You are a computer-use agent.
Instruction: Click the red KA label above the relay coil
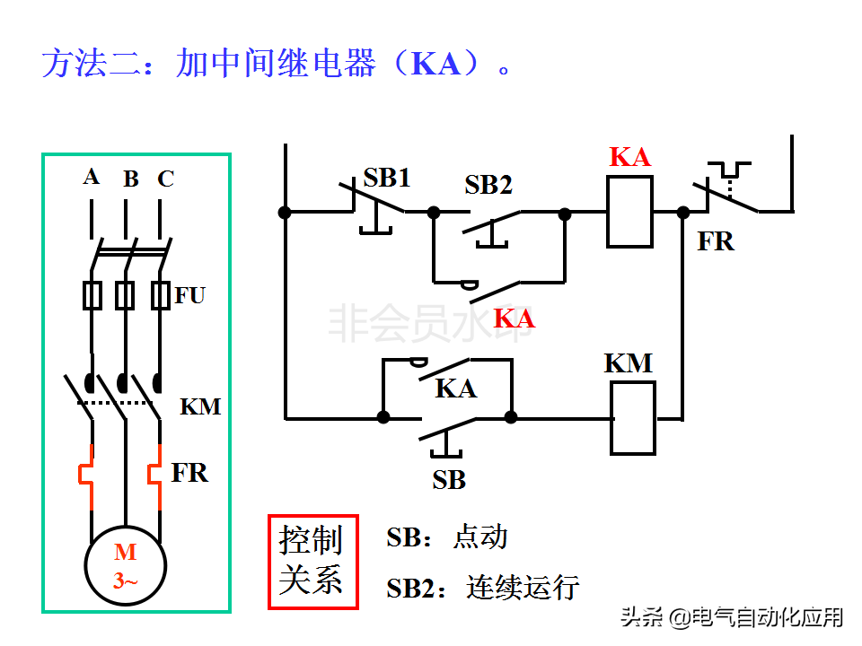pos(629,157)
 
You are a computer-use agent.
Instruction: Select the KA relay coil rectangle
pos(629,212)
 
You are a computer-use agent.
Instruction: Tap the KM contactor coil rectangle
pos(633,417)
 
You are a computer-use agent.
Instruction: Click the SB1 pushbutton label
pos(387,178)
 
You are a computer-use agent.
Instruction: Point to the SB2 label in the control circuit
pos(488,185)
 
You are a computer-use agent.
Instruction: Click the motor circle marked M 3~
pos(126,566)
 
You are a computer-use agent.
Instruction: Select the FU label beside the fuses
pos(190,295)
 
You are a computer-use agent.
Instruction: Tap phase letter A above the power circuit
pos(91,178)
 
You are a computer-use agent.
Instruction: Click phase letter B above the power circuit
pos(131,179)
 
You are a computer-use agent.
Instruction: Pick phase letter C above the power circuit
pos(165,179)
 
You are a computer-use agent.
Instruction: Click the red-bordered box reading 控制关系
pos(312,562)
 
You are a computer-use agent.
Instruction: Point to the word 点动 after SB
pos(480,537)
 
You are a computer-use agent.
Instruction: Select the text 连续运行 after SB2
pos(523,588)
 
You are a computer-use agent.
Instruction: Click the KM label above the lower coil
pos(629,363)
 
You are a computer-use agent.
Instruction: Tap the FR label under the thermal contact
pos(716,241)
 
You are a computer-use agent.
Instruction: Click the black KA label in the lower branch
pos(455,388)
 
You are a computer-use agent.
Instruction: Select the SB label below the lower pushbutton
pos(449,480)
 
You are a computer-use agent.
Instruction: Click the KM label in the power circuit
pos(200,407)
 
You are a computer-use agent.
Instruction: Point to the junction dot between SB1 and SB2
pos(434,213)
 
